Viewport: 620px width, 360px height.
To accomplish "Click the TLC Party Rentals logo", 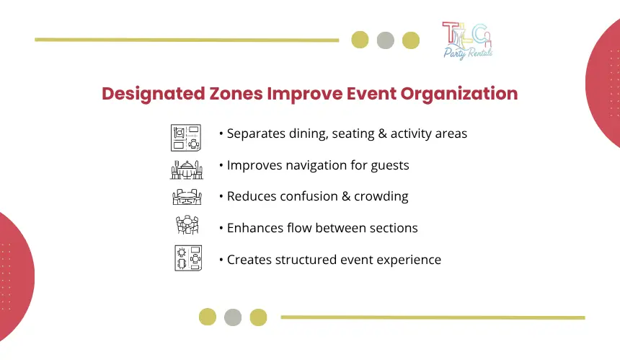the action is [x=467, y=40].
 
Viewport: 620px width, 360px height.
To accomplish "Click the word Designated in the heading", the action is [x=154, y=95].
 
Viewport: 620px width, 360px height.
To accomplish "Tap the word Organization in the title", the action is [x=459, y=95].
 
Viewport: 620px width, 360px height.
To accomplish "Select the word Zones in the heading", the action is [x=236, y=94].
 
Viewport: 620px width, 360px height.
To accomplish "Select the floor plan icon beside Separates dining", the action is [x=186, y=138].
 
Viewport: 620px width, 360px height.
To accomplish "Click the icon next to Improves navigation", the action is [x=187, y=170].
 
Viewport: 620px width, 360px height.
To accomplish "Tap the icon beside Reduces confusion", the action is [x=187, y=197].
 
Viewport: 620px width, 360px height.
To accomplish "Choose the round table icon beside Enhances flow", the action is [x=187, y=224].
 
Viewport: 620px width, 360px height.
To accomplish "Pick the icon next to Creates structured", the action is [x=188, y=258].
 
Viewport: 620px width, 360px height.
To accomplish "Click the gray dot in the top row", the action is [x=386, y=40].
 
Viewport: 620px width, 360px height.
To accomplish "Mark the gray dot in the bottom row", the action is [x=233, y=317].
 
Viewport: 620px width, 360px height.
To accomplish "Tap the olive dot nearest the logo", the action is [x=411, y=40].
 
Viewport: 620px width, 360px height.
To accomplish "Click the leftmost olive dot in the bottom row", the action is [x=208, y=317].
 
